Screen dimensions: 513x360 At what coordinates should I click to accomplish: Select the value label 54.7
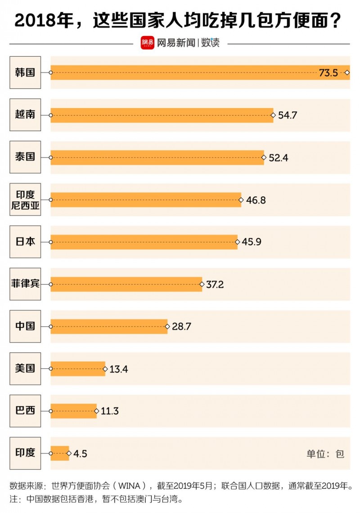[288, 115]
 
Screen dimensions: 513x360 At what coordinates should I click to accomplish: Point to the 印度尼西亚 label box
[25, 199]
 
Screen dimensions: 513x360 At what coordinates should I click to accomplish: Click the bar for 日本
[144, 242]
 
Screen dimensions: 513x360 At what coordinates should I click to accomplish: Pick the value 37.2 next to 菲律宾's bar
[215, 285]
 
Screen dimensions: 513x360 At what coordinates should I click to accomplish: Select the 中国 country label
[25, 326]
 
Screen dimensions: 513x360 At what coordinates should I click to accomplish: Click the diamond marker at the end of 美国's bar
[105, 369]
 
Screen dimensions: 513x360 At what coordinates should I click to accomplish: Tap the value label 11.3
[110, 411]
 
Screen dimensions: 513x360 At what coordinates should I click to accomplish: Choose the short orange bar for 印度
[59, 453]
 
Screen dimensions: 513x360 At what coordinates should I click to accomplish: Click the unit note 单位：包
[325, 454]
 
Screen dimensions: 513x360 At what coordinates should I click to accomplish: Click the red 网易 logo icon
[147, 43]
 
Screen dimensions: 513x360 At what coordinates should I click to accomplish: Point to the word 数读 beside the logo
[210, 43]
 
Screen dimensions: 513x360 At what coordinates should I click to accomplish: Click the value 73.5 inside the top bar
[328, 73]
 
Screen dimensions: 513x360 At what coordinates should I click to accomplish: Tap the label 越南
[25, 114]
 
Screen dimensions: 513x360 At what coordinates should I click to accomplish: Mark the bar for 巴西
[73, 411]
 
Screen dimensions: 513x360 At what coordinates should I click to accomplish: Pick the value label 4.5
[80, 454]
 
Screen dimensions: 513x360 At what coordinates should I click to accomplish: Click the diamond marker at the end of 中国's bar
[167, 326]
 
